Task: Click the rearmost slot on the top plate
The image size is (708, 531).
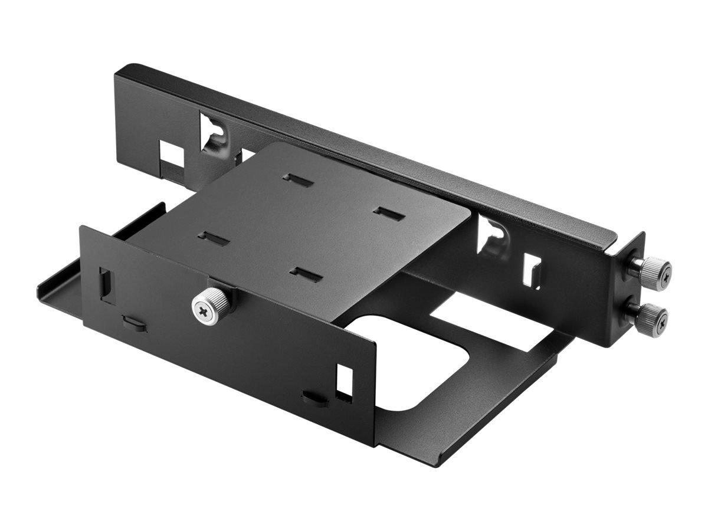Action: coord(297,180)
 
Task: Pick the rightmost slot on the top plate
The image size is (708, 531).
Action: coord(389,214)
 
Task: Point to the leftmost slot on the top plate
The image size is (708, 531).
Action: coord(213,238)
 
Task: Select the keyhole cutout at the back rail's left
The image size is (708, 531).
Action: coord(214,135)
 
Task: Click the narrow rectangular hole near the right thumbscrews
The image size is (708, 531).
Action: coord(532,270)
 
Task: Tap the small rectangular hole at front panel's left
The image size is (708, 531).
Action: coord(107,285)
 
